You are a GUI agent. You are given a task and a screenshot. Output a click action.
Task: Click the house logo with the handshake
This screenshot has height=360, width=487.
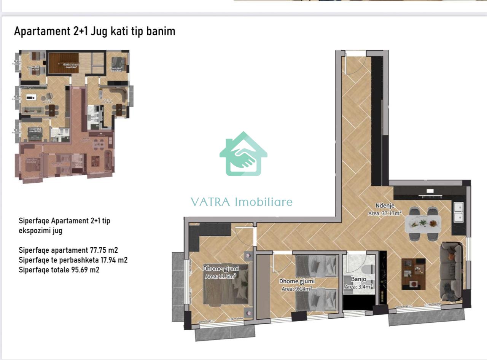[x=243, y=155]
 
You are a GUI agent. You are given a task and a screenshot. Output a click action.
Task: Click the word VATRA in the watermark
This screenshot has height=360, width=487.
[x=210, y=202]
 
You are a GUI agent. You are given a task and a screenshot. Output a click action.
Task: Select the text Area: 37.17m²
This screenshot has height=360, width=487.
[x=385, y=213]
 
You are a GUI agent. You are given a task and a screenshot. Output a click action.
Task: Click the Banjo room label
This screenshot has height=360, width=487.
[x=358, y=279]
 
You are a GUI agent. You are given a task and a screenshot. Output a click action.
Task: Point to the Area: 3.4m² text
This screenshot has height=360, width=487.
[x=358, y=287]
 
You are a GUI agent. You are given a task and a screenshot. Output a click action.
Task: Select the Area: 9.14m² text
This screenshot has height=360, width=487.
[x=298, y=289]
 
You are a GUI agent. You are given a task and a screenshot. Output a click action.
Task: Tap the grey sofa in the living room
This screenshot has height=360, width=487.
[x=451, y=271]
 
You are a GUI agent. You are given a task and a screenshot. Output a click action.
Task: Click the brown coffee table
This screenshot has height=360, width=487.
[x=414, y=274]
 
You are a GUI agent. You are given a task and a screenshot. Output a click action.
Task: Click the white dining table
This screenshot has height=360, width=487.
[x=422, y=224]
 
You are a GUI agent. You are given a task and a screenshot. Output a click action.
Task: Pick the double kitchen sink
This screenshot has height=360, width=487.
[x=458, y=212]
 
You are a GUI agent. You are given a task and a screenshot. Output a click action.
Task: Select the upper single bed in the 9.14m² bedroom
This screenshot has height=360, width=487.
[x=316, y=266]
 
